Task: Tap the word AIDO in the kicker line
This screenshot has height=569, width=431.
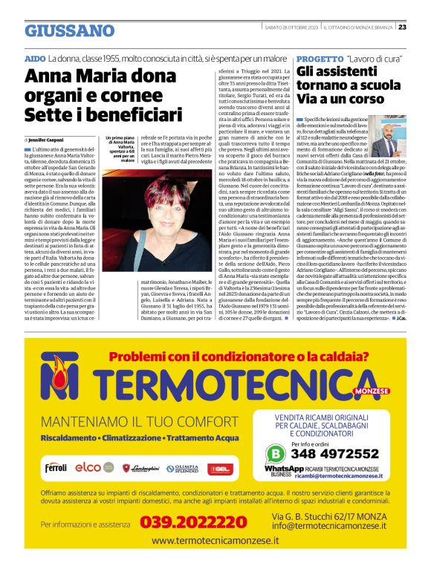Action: point(35,58)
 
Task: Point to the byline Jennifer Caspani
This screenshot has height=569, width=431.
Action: point(46,140)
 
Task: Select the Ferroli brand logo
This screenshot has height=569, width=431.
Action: point(56,468)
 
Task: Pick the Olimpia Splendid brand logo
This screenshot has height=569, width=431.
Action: point(183,468)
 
